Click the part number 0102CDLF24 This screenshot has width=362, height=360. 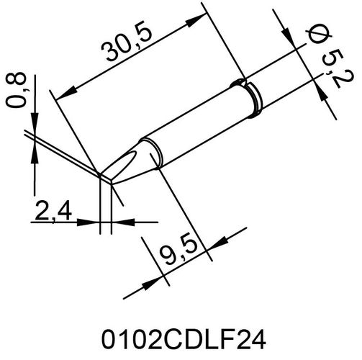click(181, 336)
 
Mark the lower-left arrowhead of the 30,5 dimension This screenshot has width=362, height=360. click(63, 93)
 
